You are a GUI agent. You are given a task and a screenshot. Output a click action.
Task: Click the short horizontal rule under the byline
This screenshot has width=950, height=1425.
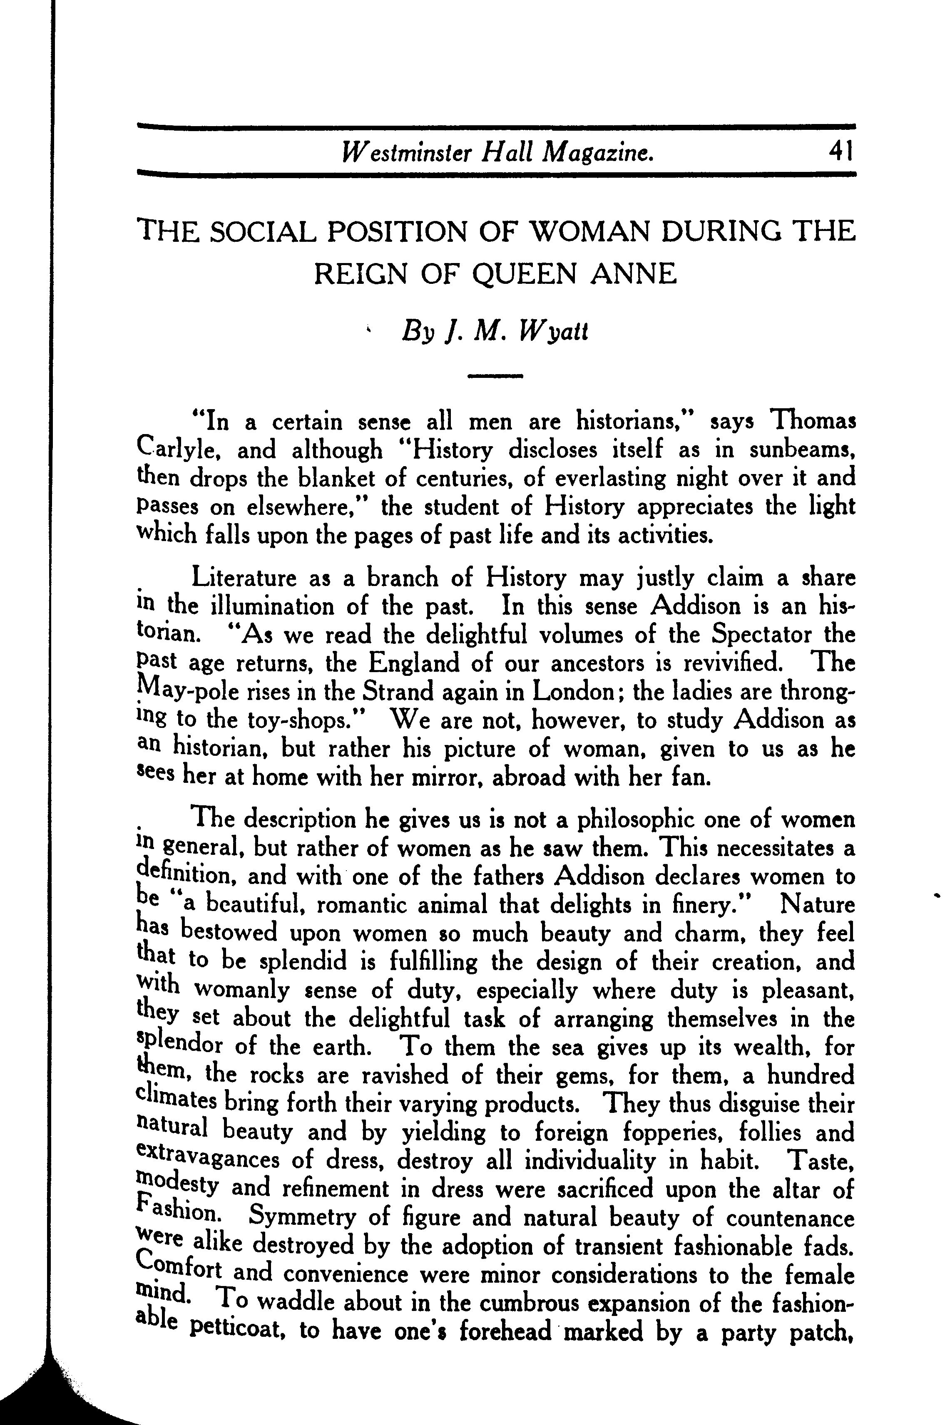(x=495, y=376)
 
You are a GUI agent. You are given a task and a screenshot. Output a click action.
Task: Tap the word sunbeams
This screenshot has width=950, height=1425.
(x=802, y=450)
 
